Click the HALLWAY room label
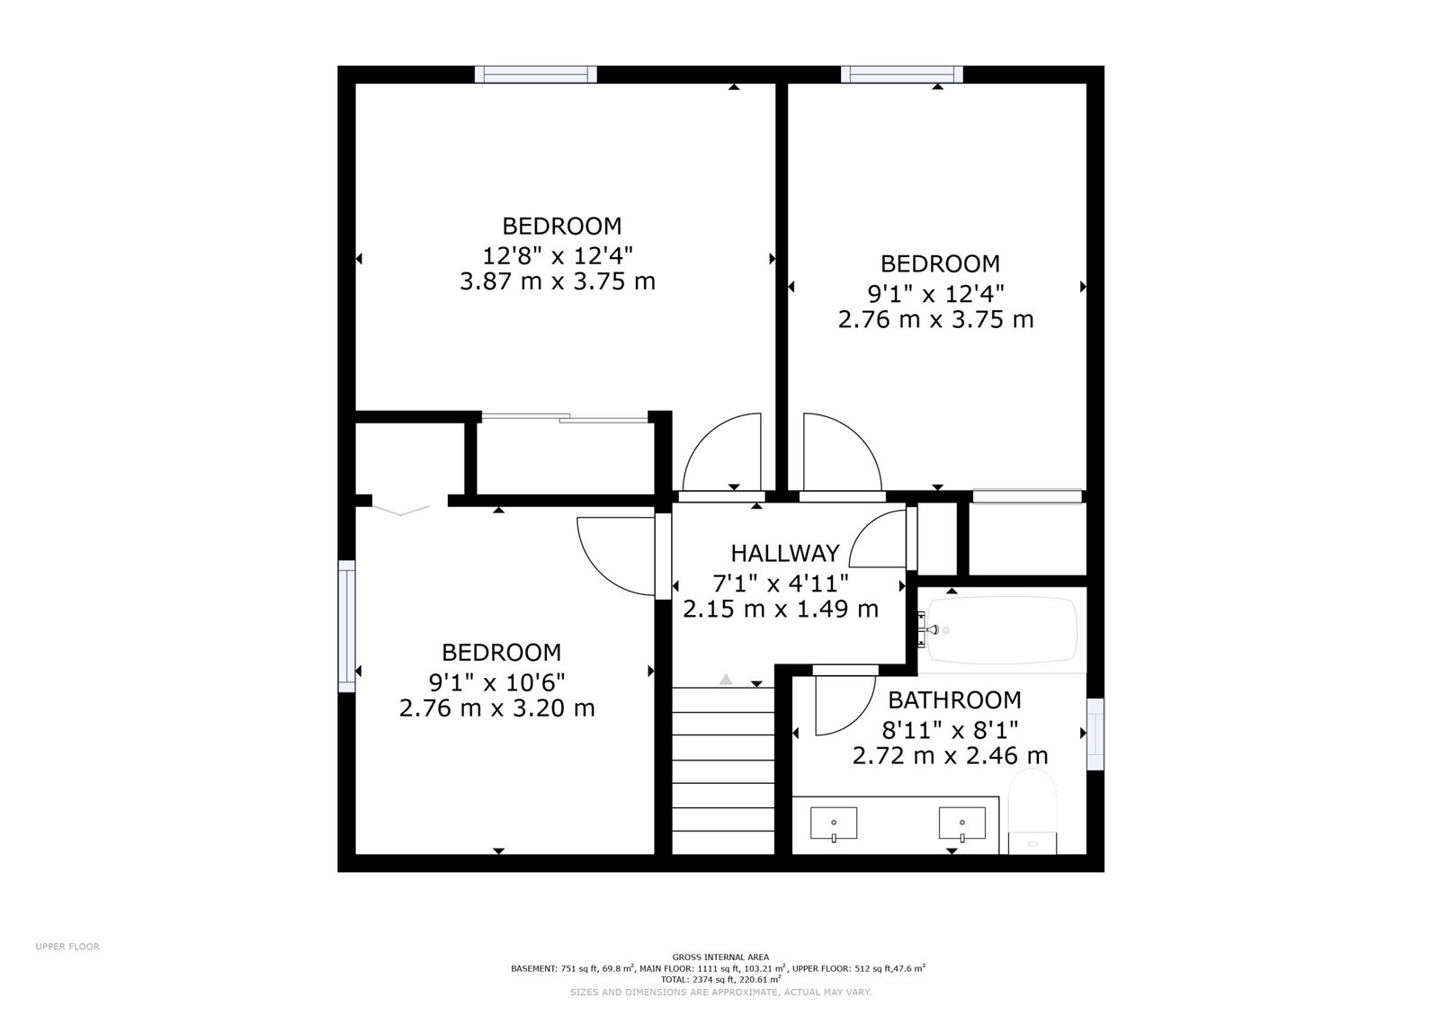[x=784, y=554]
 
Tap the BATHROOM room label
[x=954, y=699]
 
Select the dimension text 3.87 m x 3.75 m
[x=557, y=281]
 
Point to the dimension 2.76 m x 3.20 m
[x=496, y=708]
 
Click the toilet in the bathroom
[x=1032, y=812]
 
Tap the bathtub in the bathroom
[x=1002, y=630]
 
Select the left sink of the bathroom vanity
[x=833, y=824]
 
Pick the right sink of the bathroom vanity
[x=961, y=824]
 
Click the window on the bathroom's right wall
[x=1095, y=734]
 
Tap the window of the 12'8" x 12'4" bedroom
[x=536, y=75]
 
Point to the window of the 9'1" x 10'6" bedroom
[x=346, y=626]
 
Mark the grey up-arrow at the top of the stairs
[x=725, y=680]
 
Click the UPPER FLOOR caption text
[x=67, y=947]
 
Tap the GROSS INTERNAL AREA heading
[x=720, y=957]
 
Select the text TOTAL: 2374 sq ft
[x=696, y=980]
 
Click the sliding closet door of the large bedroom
[x=565, y=418]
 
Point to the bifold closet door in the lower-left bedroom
[x=401, y=511]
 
